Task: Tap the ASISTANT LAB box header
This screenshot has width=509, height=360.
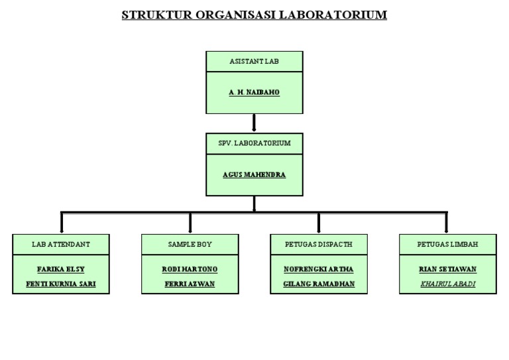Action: pos(254,60)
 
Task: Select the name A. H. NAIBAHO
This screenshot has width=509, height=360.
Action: pos(254,92)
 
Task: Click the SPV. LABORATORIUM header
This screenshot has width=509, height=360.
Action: pos(254,143)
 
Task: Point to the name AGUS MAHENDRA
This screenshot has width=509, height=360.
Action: pos(254,174)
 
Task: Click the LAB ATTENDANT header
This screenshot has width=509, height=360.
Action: pos(61,244)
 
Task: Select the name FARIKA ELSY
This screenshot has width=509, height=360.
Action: pos(61,269)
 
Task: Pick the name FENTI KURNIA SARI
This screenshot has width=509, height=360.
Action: pos(61,284)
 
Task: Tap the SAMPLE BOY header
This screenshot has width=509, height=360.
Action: pos(190,244)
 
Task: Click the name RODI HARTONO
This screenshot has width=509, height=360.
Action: pos(190,269)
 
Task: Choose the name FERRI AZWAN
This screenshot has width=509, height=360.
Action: pos(190,284)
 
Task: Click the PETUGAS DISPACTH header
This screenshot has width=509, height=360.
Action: pos(319,244)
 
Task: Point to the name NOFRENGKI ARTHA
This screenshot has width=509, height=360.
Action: pos(319,269)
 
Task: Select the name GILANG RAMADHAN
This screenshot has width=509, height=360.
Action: pos(319,284)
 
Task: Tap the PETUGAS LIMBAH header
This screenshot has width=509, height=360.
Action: pos(448,244)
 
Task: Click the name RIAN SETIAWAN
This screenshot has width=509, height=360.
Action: pos(448,269)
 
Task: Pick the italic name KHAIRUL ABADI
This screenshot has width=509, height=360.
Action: pos(448,284)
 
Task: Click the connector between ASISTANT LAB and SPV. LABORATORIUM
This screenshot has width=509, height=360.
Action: pos(254,123)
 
